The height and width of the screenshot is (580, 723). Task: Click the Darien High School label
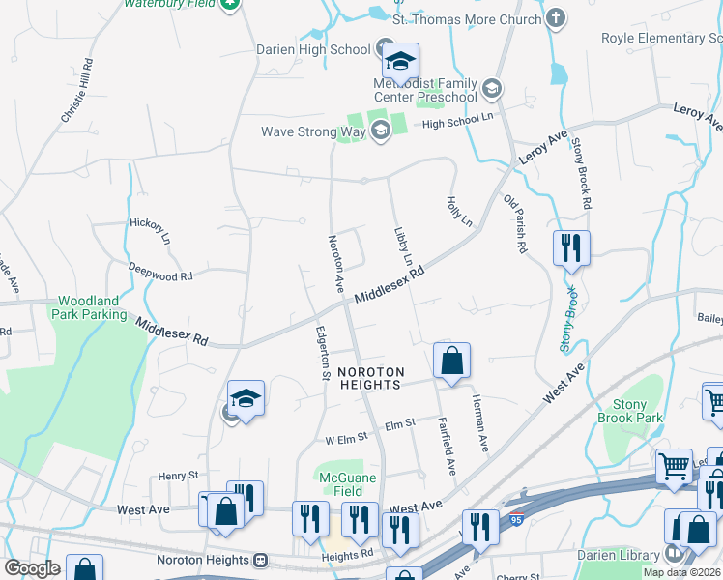tap(313, 49)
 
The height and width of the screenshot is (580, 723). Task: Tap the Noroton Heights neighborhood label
tap(369, 378)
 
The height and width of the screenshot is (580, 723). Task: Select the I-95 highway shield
tap(518, 520)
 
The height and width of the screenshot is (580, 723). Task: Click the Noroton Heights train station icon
tap(260, 560)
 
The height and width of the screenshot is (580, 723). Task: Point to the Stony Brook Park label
tap(637, 411)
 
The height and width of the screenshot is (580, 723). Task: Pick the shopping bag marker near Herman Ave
tap(451, 362)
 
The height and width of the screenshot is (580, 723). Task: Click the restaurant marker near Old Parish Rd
tap(571, 248)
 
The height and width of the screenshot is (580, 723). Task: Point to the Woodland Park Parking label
tap(92, 307)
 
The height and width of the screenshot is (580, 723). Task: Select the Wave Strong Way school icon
tap(380, 131)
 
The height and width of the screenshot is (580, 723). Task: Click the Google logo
tap(31, 568)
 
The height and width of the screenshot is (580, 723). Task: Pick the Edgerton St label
tap(324, 353)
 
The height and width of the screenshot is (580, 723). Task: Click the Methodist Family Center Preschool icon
tap(491, 90)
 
